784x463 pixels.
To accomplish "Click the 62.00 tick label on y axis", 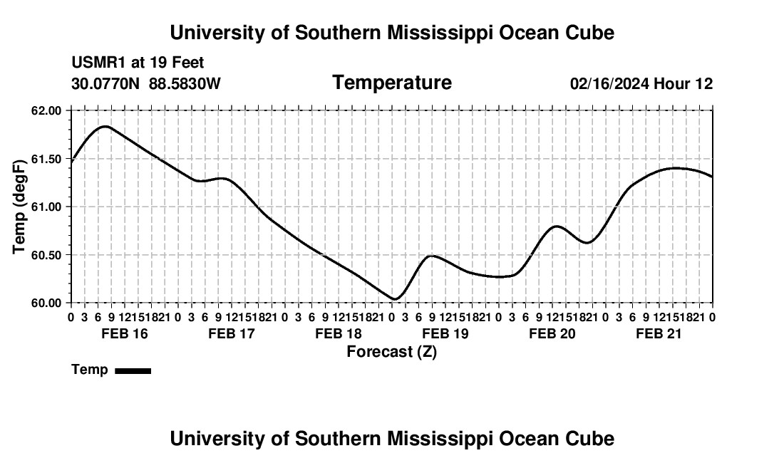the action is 46,110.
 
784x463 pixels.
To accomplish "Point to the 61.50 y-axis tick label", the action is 46,159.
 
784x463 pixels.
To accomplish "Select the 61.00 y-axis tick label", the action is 46,207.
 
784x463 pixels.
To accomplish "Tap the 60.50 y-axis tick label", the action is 46,255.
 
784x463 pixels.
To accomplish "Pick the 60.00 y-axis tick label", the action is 46,303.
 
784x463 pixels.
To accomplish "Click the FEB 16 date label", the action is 125,333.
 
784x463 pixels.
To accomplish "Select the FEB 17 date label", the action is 232,333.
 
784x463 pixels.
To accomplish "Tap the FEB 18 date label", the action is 339,333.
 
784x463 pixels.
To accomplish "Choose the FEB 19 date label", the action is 445,333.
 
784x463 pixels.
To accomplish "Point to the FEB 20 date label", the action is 552,333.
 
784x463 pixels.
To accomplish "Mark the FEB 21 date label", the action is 659,333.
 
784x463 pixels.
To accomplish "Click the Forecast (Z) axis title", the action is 392,352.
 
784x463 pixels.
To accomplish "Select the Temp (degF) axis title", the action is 19,207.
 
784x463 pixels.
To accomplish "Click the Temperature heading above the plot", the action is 392,83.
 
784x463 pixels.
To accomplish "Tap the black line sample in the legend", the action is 133,370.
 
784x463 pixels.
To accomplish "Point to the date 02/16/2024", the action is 610,83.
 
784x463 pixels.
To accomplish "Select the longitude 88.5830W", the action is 185,83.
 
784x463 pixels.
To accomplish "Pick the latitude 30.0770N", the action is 105,83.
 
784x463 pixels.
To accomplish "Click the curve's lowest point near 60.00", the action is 395,299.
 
